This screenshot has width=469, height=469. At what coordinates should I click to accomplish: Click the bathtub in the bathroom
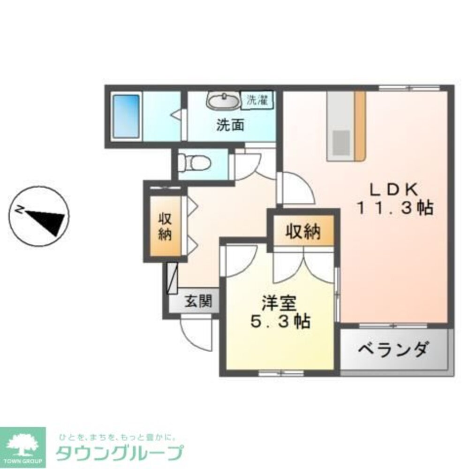pos(127,116)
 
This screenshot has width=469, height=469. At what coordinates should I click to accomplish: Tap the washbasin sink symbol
pos(223,100)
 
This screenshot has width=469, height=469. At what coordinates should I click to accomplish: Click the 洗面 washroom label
pos(230,125)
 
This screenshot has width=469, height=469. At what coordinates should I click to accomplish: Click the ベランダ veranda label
pos(393,349)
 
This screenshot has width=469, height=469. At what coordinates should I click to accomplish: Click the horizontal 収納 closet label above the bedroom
pos(303,232)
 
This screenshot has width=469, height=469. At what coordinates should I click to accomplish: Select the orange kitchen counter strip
pos(360,125)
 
